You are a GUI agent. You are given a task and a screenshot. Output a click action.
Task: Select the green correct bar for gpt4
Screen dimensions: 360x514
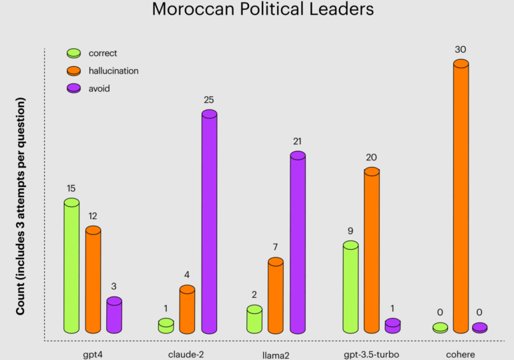pyautogui.click(x=71, y=267)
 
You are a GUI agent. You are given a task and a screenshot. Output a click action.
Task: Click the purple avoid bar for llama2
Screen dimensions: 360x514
pyautogui.click(x=298, y=244)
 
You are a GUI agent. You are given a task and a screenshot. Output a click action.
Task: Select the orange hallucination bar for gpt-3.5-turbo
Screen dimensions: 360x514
pyautogui.click(x=372, y=250)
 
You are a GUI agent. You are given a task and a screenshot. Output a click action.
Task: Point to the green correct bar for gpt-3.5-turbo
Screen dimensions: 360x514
pyautogui.click(x=350, y=287)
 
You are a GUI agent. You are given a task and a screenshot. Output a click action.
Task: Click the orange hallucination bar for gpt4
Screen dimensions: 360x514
pyautogui.click(x=93, y=281)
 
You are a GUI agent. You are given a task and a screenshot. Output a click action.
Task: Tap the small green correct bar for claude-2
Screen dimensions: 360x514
pyautogui.click(x=166, y=326)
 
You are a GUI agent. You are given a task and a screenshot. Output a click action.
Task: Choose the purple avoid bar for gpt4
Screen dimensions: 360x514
pyautogui.click(x=114, y=316)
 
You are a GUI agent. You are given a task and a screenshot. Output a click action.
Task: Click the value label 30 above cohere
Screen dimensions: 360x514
pyautogui.click(x=460, y=49)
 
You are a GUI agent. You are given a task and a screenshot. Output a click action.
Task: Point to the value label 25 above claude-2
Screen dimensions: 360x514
pyautogui.click(x=209, y=100)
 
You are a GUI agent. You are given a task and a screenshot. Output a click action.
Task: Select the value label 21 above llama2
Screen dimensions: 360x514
pyautogui.click(x=298, y=142)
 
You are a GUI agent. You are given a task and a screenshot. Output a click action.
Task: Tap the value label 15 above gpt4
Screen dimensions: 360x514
pyautogui.click(x=71, y=188)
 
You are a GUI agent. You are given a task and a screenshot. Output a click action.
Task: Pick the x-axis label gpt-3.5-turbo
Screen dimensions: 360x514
pyautogui.click(x=372, y=354)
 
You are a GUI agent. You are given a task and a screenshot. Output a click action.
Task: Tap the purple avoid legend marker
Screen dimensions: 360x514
pyautogui.click(x=74, y=88)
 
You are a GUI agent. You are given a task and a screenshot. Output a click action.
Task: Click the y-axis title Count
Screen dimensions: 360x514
pyautogui.click(x=21, y=206)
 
